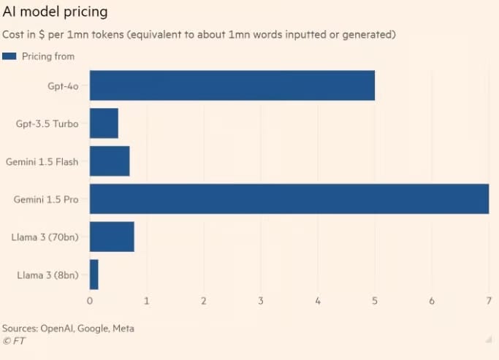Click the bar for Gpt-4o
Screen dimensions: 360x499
[x=232, y=85]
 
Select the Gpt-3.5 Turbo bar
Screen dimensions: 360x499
[x=104, y=123]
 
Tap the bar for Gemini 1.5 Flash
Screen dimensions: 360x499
[x=110, y=161]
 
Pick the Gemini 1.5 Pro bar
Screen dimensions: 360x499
[x=289, y=199]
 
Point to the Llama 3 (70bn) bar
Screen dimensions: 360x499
[x=112, y=237]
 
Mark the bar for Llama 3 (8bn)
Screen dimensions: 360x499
[x=94, y=275]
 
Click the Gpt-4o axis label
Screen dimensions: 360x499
[x=64, y=85]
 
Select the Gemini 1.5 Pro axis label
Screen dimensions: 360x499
[x=45, y=199]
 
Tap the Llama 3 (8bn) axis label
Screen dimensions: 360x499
[x=49, y=275]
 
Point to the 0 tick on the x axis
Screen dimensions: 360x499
[x=90, y=301]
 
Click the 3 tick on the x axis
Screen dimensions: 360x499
[x=261, y=301]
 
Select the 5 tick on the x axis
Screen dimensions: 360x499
[x=375, y=301]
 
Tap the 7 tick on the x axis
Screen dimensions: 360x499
[x=489, y=301]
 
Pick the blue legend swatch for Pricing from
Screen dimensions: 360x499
[x=9, y=56]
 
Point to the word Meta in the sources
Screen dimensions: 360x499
[x=123, y=329]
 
